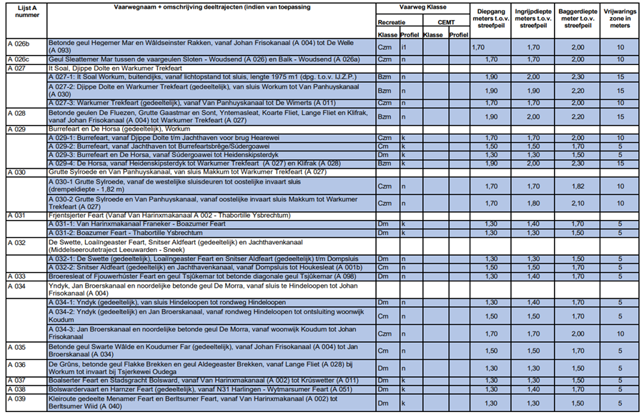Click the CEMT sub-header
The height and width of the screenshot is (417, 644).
446,22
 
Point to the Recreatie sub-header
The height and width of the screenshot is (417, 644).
390,22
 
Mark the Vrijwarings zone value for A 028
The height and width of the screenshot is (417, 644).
620,116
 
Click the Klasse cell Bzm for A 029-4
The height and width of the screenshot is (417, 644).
385,163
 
